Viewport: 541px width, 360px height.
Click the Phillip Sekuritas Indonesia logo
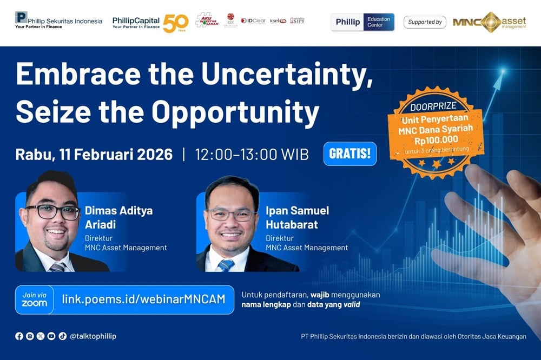(x=58, y=21)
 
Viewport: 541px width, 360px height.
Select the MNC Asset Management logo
(x=489, y=22)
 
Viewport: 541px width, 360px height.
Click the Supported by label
(x=425, y=22)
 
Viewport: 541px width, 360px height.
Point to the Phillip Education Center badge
(x=362, y=22)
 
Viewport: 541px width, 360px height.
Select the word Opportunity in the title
(x=235, y=112)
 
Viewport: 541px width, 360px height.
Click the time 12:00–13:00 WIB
(x=252, y=155)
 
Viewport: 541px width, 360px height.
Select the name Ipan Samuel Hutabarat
(x=297, y=217)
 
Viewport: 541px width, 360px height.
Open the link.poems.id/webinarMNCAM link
(x=143, y=299)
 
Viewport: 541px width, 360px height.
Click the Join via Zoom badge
(x=34, y=299)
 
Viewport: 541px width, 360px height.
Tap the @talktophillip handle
(x=93, y=336)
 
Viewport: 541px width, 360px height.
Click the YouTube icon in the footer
(x=51, y=336)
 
